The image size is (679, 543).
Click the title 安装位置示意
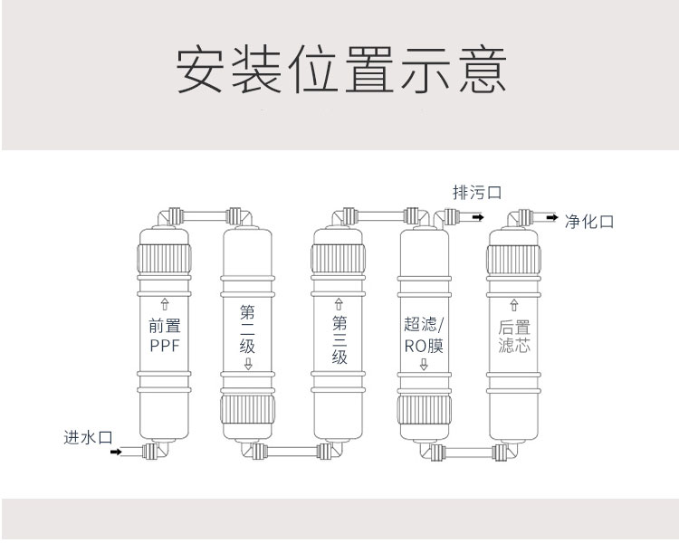click(339, 70)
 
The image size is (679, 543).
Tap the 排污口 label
click(477, 193)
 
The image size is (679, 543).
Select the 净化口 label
click(589, 222)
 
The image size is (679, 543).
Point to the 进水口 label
click(87, 437)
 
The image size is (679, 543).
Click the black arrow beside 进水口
click(115, 451)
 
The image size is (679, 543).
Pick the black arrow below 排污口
click(477, 217)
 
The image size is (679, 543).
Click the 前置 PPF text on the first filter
click(165, 334)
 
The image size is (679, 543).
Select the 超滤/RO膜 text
click(424, 334)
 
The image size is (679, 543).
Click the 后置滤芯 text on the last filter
click(513, 336)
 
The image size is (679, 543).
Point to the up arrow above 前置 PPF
click(165, 303)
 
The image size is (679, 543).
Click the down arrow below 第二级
click(248, 365)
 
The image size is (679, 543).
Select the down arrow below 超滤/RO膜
click(424, 365)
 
